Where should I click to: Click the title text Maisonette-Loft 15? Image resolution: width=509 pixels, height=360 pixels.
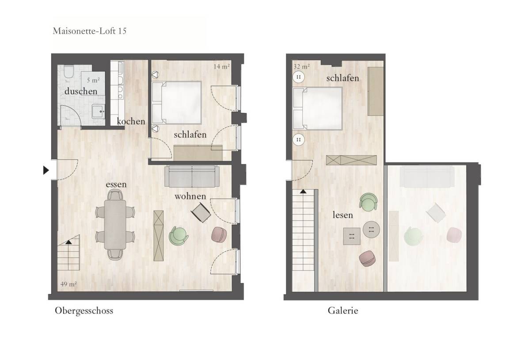tap(90, 31)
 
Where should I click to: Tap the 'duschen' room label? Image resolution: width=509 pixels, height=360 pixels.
tap(81, 91)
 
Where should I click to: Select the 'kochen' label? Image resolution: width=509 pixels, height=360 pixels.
tap(131, 121)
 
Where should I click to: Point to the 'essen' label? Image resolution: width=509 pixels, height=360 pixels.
tap(116, 184)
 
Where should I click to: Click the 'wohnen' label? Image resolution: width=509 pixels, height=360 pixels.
tap(190, 196)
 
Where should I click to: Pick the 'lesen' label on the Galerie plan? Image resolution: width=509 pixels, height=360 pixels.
tap(343, 215)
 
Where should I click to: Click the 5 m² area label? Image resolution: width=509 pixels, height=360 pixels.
tap(93, 80)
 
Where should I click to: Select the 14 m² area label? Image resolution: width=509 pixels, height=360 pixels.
tap(222, 67)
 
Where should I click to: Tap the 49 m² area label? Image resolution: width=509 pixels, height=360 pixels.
tap(68, 284)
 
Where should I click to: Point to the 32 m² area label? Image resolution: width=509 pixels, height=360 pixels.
tap(302, 67)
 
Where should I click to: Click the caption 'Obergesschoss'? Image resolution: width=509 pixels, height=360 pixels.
tap(84, 310)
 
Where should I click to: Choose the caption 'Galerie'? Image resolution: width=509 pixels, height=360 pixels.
tap(343, 310)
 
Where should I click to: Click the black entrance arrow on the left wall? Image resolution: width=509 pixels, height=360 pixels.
tap(46, 170)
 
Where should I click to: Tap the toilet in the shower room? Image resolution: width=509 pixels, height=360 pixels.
tap(68, 72)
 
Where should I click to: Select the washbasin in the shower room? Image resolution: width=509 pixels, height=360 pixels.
tap(98, 111)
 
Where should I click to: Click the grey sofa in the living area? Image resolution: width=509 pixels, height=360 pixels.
tap(191, 176)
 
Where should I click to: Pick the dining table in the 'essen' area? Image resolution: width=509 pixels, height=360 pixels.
tap(115, 225)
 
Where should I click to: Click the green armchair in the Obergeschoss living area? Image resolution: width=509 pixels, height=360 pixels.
tap(179, 236)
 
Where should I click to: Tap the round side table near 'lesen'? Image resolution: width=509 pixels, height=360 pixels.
tap(371, 229)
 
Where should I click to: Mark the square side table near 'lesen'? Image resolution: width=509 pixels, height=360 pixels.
tap(352, 236)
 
